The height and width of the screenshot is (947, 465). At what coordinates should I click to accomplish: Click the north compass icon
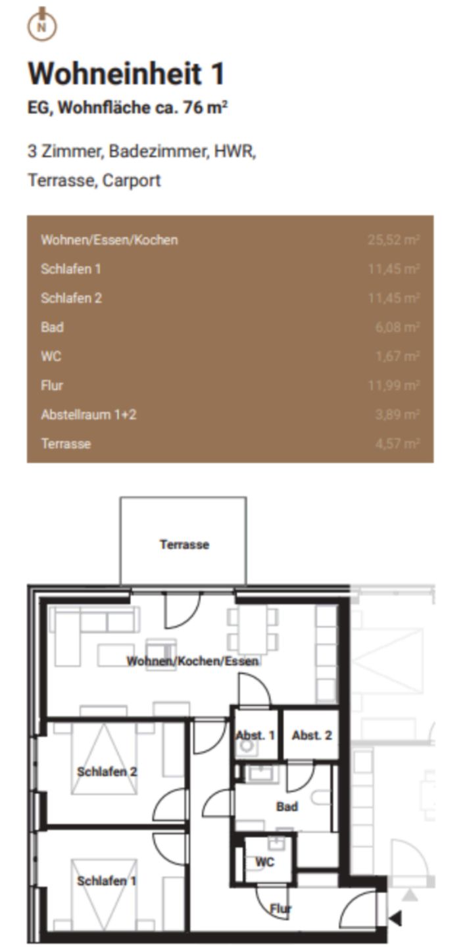pos(41,24)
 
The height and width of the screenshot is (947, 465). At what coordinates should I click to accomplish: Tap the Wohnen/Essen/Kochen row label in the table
pos(109,240)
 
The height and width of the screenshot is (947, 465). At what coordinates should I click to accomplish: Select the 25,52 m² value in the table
pos(393,240)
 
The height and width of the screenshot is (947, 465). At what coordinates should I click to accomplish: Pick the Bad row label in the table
pos(52,327)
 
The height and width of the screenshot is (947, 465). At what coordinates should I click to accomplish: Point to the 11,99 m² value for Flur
pos(393,385)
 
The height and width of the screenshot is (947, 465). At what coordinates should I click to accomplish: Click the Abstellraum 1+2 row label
pos(89,414)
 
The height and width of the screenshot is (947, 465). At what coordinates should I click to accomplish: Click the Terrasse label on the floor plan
pos(184,545)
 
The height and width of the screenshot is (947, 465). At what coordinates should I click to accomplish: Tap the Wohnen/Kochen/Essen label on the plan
pos(192,661)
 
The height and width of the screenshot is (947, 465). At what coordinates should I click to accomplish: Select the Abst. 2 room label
pos(312,735)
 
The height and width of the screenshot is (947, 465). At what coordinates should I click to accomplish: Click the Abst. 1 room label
pos(255,735)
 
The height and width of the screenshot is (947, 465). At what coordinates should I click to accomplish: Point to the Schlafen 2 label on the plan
pos(107,771)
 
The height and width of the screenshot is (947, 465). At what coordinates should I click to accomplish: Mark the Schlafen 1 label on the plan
pos(107,881)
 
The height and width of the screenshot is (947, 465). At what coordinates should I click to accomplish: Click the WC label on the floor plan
pos(264,862)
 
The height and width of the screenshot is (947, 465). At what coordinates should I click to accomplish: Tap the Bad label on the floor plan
pos(287,806)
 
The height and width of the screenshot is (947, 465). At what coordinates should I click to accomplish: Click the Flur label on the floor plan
pos(281,909)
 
